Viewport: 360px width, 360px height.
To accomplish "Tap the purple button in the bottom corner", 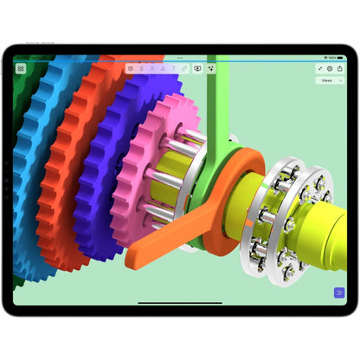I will click(338, 292).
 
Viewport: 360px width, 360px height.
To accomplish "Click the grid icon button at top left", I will click(21, 67).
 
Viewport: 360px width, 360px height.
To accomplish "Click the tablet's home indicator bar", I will click(180, 303).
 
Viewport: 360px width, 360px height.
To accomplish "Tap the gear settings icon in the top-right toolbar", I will click(329, 67).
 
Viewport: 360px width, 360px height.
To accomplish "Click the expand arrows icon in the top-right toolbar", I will click(320, 67).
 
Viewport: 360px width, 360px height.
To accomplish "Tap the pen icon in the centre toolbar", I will click(184, 67).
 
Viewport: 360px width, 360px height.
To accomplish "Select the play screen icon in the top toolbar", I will click(197, 67).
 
